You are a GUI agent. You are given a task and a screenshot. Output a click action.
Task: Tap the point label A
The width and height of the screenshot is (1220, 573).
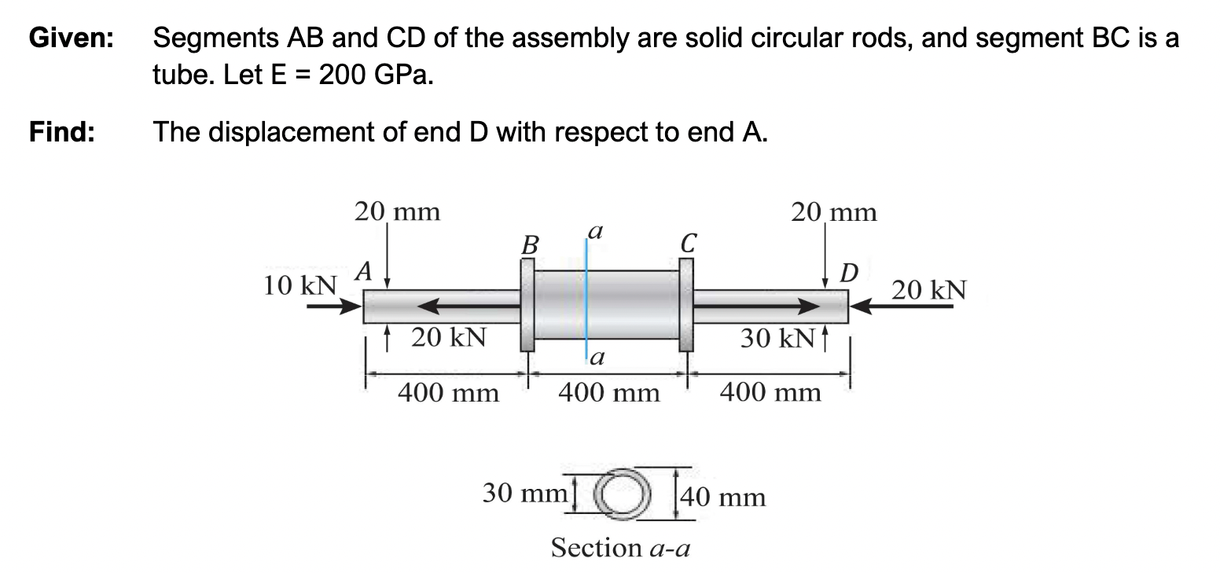point(362,272)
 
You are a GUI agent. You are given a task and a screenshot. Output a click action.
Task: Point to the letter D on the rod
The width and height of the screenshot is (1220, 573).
point(848,274)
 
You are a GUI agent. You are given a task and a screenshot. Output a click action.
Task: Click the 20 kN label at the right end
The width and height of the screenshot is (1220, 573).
point(930,290)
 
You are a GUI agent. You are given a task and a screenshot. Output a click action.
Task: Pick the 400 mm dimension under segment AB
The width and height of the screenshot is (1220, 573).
point(448,391)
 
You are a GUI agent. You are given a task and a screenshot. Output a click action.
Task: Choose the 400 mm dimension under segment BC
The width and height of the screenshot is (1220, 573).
point(608,391)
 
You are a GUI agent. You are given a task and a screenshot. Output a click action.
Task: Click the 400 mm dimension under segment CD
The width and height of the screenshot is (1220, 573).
point(770,391)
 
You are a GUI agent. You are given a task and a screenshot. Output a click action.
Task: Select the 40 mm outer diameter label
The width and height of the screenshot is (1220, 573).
point(724,497)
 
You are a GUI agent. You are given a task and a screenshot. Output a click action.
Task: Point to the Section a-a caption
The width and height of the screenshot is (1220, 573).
point(620,547)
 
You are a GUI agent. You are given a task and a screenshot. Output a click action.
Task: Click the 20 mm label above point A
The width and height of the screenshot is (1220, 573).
point(397,211)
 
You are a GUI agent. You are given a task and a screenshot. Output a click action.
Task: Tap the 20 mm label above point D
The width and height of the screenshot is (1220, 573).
point(833,212)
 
